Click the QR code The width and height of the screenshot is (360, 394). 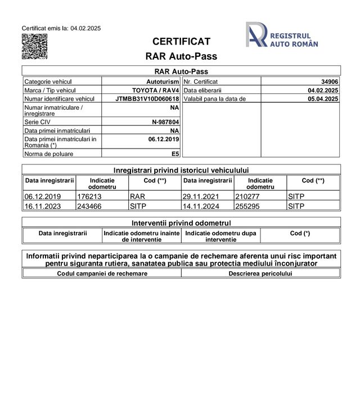pyautogui.click(x=34, y=47)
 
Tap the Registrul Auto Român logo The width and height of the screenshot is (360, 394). pyautogui.click(x=282, y=35)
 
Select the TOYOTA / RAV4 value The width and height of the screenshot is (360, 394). pyautogui.click(x=155, y=90)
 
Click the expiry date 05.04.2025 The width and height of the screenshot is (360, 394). pyautogui.click(x=323, y=98)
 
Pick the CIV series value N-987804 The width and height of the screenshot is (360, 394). pyautogui.click(x=165, y=121)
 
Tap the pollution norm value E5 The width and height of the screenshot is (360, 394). pyautogui.click(x=175, y=153)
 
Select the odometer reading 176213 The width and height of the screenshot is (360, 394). pyautogui.click(x=89, y=197)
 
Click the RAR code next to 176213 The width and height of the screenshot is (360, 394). pyautogui.click(x=137, y=197)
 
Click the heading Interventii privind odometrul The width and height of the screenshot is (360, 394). pyautogui.click(x=181, y=223)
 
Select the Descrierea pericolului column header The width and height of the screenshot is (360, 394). pyautogui.click(x=260, y=274)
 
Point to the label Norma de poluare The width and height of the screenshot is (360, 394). pyautogui.click(x=49, y=153)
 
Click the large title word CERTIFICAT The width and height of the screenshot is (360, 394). pyautogui.click(x=181, y=42)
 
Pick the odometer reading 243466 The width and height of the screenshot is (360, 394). pyautogui.click(x=89, y=206)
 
